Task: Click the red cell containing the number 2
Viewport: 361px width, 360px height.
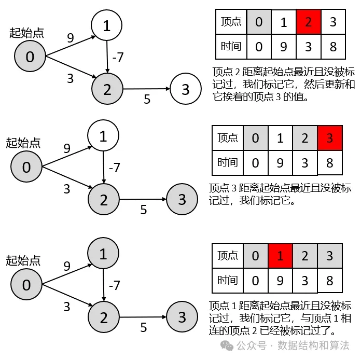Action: click(x=309, y=22)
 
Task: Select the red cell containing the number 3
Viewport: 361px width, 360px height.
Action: click(x=329, y=138)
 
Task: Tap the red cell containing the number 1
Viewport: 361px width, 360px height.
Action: click(x=280, y=255)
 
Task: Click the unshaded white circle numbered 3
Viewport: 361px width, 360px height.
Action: click(x=186, y=89)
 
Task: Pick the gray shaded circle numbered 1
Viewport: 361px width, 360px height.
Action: click(x=103, y=254)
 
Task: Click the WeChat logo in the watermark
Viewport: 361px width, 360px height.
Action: click(x=226, y=345)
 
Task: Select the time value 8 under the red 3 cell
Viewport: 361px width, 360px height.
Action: click(x=329, y=163)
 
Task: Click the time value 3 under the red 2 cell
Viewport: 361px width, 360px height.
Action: click(x=309, y=47)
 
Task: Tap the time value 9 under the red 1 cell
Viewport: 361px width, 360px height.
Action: click(x=280, y=280)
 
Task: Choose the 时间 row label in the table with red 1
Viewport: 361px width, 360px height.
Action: click(x=228, y=280)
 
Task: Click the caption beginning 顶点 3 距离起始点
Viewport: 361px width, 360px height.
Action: click(x=280, y=193)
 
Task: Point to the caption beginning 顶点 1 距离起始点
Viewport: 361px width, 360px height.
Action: click(x=280, y=317)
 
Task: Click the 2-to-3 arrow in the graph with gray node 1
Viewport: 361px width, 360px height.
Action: click(x=143, y=316)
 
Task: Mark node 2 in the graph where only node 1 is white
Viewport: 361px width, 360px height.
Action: click(x=103, y=200)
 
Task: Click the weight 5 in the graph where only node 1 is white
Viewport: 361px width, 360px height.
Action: click(x=144, y=210)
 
